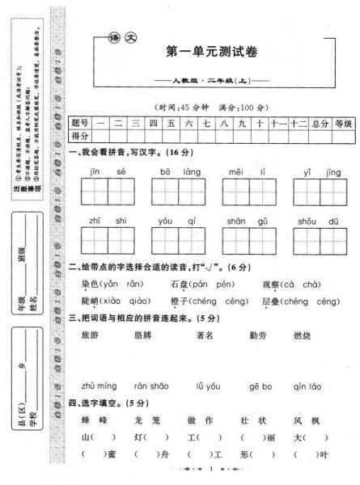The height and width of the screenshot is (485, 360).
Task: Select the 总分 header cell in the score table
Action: (319, 123)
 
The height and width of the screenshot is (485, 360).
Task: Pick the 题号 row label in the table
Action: (80, 123)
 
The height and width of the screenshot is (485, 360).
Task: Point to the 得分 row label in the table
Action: (80, 135)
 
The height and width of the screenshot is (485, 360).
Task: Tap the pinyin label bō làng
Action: (178, 172)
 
